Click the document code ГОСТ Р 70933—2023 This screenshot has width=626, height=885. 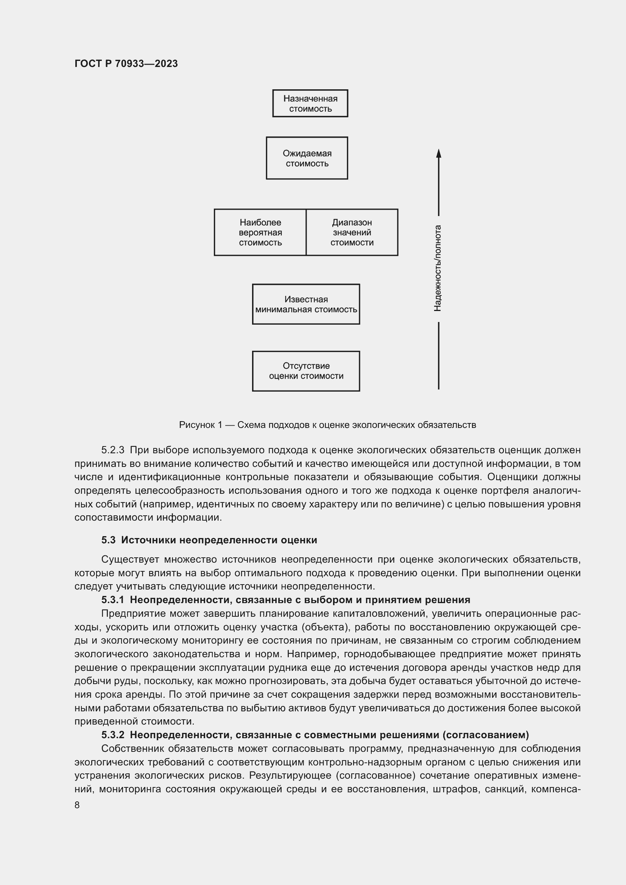click(126, 64)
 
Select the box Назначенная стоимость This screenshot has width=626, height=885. click(310, 103)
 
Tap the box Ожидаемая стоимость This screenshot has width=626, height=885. click(307, 158)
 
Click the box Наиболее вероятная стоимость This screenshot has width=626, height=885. click(260, 232)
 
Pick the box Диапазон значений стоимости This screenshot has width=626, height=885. click(352, 232)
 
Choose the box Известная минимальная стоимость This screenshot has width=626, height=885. click(306, 304)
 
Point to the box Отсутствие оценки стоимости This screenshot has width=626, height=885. click(306, 371)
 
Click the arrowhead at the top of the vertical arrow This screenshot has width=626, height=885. click(438, 153)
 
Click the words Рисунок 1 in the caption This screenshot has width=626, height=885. click(201, 425)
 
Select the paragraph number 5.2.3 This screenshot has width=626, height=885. click(112, 450)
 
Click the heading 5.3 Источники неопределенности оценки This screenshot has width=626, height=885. click(209, 540)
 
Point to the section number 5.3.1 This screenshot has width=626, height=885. click(112, 600)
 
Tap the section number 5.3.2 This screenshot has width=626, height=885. click(112, 735)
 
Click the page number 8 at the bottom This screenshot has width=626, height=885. click(77, 805)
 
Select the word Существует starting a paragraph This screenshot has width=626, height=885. click(129, 559)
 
